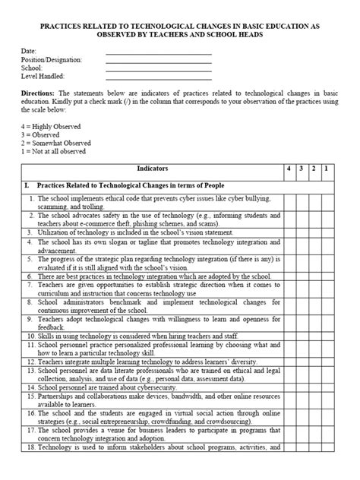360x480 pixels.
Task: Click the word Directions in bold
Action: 38,93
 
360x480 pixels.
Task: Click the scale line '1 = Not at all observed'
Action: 53,150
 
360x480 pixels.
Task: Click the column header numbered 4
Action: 289,168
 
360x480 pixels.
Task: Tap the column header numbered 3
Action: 302,168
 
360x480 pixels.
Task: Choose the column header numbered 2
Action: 314,168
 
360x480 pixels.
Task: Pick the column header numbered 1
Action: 327,168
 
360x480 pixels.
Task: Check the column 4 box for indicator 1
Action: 289,203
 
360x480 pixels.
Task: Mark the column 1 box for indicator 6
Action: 327,278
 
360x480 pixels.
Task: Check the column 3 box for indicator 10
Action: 302,333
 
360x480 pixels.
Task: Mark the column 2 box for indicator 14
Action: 314,387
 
